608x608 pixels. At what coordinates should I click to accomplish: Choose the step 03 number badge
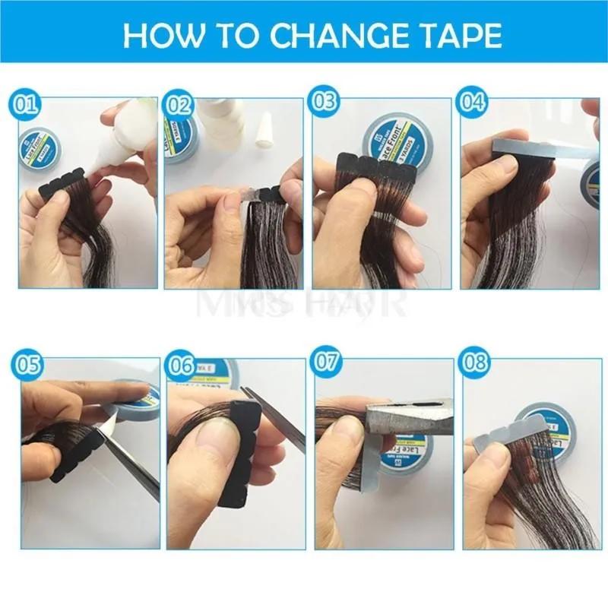coord(325,103)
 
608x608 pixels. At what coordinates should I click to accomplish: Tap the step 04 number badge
coord(473,103)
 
